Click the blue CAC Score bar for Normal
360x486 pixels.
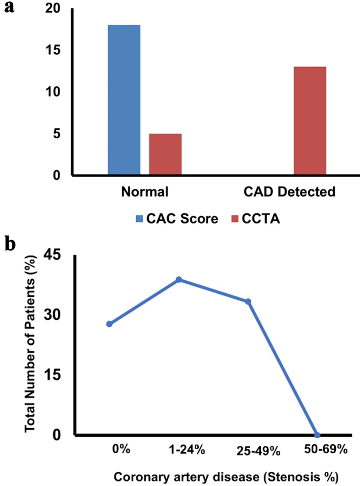pyautogui.click(x=124, y=99)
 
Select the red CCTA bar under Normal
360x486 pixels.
pyautogui.click(x=165, y=154)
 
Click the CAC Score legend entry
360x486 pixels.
pyautogui.click(x=177, y=219)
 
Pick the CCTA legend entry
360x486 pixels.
pyautogui.click(x=256, y=219)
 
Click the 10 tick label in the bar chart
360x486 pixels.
pyautogui.click(x=53, y=92)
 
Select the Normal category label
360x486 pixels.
pyautogui.click(x=145, y=192)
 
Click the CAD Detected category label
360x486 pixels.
pyautogui.click(x=289, y=192)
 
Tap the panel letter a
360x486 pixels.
pyautogui.click(x=9, y=7)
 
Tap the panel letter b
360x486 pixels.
pyautogui.click(x=10, y=244)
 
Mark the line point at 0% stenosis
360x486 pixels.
pyautogui.click(x=109, y=324)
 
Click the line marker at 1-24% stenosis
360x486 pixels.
pyautogui.click(x=179, y=280)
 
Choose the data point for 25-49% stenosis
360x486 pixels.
pyautogui.click(x=248, y=302)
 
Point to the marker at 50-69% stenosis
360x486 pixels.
pyautogui.click(x=317, y=435)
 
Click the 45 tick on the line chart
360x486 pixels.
pyautogui.click(x=52, y=254)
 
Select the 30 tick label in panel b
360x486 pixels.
pyautogui.click(x=52, y=315)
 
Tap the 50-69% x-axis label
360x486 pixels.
pyautogui.click(x=325, y=449)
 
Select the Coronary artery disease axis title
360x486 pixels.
pyautogui.click(x=226, y=477)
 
